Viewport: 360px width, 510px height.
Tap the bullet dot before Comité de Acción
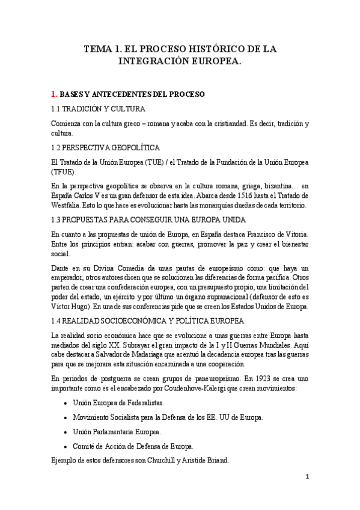(x=64, y=447)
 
